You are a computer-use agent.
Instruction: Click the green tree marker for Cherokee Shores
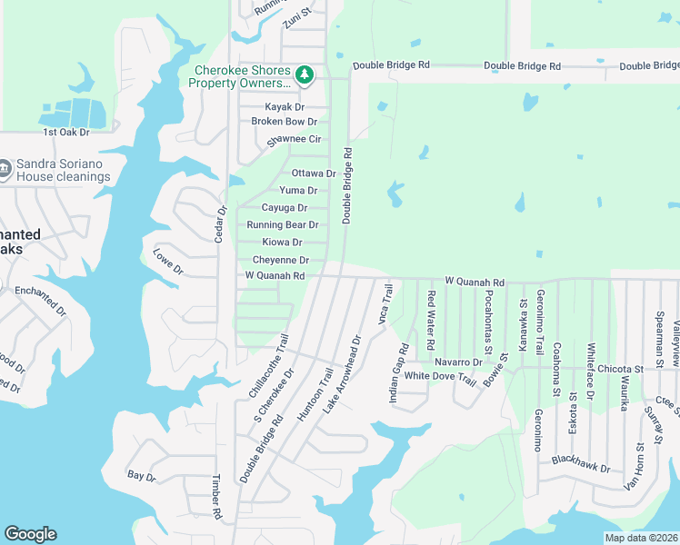tap(306, 74)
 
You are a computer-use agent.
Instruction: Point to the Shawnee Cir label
tap(294, 140)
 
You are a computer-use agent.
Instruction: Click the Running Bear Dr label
tap(282, 225)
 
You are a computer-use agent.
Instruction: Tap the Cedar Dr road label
tap(218, 223)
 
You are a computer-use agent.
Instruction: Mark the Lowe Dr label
tap(168, 263)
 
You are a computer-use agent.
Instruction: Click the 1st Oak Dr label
tap(66, 133)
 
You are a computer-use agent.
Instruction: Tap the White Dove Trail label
tap(440, 377)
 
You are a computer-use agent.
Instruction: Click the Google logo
tap(30, 534)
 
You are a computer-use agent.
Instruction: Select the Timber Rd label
tap(216, 498)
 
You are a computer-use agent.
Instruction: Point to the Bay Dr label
tap(142, 476)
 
